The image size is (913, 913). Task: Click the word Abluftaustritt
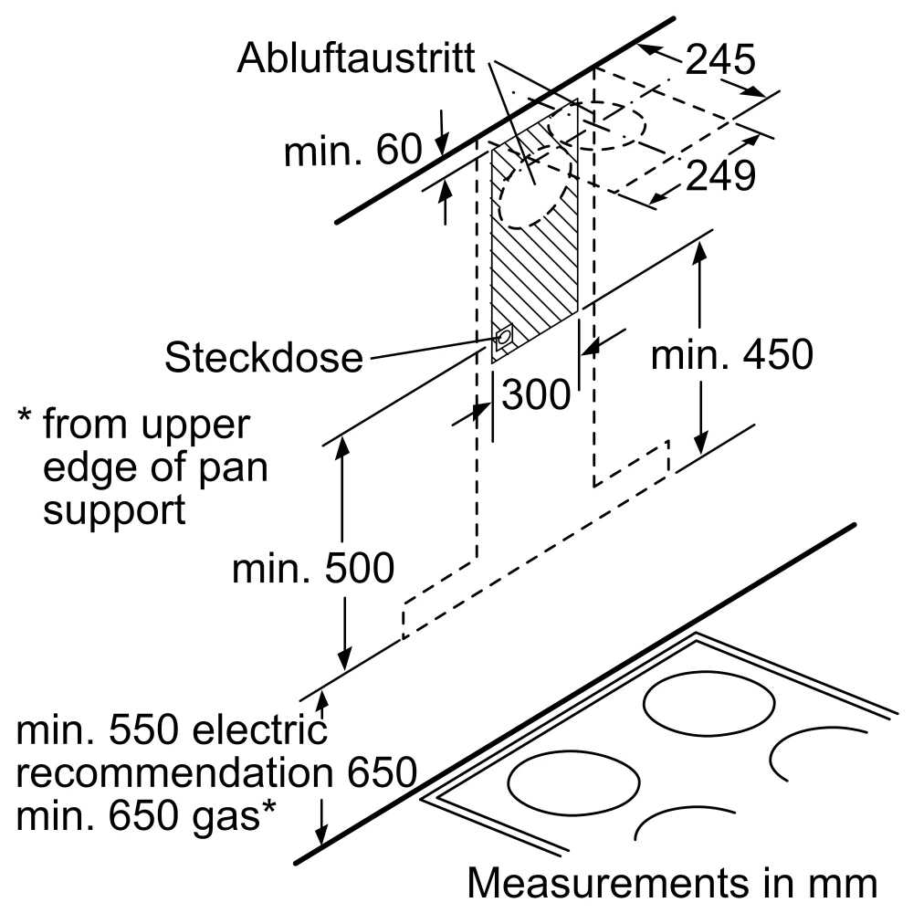[356, 58]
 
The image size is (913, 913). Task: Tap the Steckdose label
[263, 357]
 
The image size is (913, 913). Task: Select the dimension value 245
[720, 60]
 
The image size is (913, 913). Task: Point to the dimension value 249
[720, 175]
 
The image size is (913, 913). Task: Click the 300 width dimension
[536, 395]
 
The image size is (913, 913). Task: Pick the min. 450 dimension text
[731, 355]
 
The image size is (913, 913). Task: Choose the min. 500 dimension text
[313, 568]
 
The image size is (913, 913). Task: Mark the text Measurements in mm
[672, 883]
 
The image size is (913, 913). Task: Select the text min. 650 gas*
[146, 814]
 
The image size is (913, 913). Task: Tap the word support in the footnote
[114, 509]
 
